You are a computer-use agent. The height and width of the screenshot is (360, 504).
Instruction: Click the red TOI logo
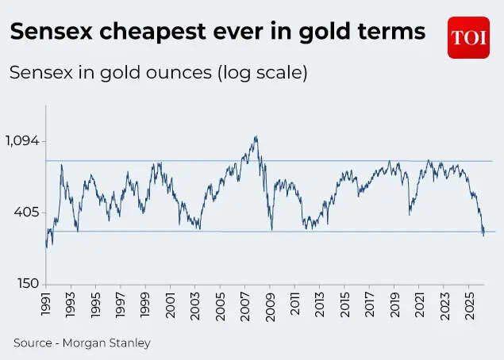coord(468,37)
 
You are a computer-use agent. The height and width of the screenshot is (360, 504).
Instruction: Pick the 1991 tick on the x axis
coord(47,305)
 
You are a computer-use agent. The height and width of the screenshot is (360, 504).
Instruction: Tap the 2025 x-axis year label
coord(469,305)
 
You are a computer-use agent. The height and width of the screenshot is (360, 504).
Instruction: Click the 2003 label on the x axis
coord(196,305)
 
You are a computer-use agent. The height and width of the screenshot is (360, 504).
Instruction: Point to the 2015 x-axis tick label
coord(345,305)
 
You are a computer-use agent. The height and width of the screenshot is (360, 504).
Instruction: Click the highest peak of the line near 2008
coord(256,136)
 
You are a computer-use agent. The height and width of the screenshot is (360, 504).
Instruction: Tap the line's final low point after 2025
coord(483,236)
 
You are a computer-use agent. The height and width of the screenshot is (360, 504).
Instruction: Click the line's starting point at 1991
coord(46,247)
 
